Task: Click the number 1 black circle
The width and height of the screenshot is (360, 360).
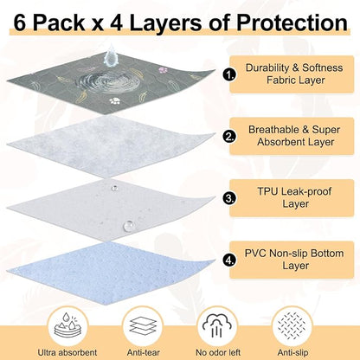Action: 229,74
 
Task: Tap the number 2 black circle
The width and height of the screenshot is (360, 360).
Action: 229,137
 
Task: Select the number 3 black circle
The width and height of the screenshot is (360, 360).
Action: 229,198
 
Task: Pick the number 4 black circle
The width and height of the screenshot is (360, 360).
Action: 229,260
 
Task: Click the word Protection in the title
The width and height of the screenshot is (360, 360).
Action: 292,22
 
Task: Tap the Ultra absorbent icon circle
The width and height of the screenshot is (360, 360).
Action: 67,326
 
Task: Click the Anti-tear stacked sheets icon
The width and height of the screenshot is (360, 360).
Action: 143,326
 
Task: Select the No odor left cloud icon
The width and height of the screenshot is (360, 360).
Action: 216,325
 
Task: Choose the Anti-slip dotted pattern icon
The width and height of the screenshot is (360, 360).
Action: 292,326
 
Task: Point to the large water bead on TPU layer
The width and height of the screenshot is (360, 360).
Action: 128,226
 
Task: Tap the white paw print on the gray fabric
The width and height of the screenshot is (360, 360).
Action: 115,101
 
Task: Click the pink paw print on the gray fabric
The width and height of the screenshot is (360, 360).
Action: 163,70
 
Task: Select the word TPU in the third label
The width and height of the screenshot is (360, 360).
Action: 267,191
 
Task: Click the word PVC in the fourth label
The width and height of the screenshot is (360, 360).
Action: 255,254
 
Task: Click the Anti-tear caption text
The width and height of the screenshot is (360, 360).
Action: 143,352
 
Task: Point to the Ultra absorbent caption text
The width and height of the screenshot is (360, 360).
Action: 67,352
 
